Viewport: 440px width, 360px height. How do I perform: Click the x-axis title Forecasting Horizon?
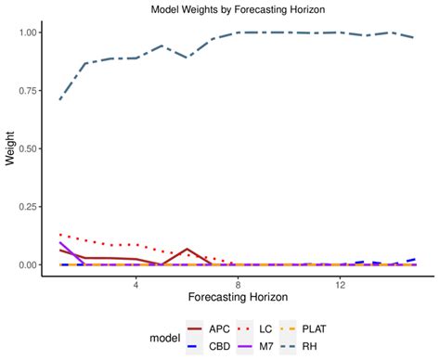pyautogui.click(x=238, y=297)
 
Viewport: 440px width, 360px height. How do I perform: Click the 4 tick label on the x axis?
pyautogui.click(x=136, y=282)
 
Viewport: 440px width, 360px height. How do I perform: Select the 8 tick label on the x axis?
pyautogui.click(x=239, y=282)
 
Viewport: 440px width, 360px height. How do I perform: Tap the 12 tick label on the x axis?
pyautogui.click(x=341, y=282)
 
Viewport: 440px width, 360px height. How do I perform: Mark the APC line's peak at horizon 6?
pyautogui.click(x=188, y=249)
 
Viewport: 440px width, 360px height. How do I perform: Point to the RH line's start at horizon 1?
pyautogui.click(x=60, y=99)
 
